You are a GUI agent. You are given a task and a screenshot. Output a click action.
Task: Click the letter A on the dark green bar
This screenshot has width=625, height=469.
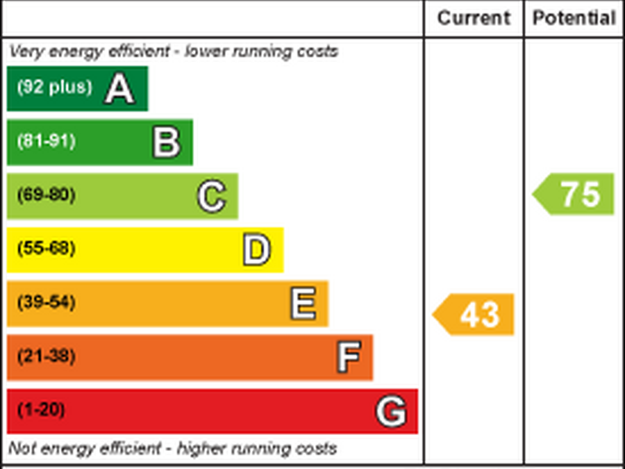(119, 89)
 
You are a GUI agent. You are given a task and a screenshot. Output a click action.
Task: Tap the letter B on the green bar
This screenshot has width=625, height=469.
(167, 142)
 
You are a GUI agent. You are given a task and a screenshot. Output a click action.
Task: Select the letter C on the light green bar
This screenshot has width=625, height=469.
(211, 197)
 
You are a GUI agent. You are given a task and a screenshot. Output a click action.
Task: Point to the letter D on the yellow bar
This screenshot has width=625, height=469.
(256, 250)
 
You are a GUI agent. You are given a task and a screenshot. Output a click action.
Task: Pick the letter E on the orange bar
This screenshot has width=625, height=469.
(303, 304)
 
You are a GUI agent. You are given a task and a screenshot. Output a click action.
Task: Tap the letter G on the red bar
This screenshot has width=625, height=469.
(391, 411)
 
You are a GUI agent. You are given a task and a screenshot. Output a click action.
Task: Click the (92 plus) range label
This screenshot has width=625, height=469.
(54, 88)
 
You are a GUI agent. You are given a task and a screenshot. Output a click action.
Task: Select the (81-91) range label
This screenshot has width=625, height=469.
(46, 142)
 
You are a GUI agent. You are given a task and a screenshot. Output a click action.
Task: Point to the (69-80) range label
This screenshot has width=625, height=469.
(46, 195)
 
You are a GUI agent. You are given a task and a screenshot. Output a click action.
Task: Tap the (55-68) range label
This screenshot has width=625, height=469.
(46, 249)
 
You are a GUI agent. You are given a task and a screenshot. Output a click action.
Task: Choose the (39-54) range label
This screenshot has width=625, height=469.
(46, 303)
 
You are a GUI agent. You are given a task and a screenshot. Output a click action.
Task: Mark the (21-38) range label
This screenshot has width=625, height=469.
(46, 356)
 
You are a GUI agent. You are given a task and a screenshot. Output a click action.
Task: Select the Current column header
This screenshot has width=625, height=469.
(474, 18)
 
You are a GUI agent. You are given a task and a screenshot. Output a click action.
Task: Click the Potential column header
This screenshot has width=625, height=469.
(574, 18)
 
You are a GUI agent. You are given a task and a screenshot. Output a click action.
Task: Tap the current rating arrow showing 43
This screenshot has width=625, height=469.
(474, 314)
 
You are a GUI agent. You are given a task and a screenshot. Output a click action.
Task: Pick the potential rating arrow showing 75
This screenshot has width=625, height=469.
(574, 194)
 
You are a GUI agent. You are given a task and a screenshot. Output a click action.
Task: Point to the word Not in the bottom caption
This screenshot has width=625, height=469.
(22, 448)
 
